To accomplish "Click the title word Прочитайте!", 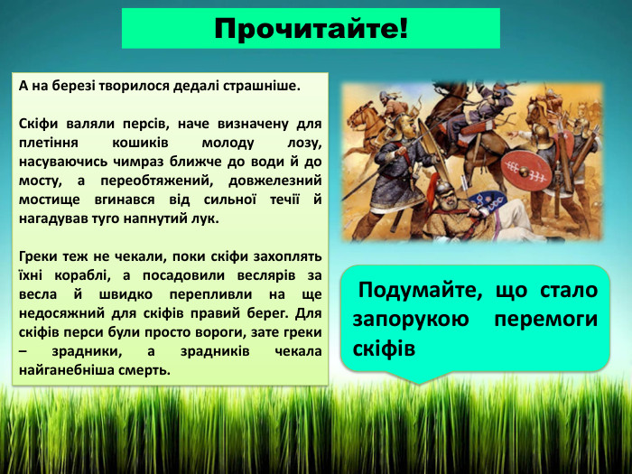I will point(311,29).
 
